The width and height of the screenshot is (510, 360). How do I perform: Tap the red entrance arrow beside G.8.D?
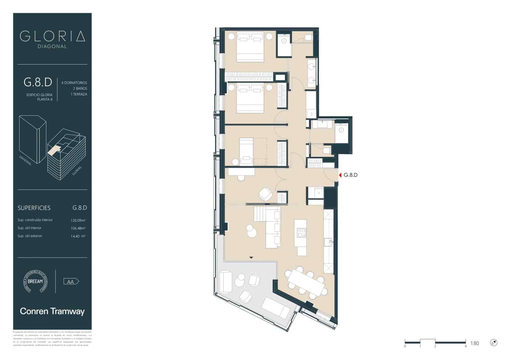tap(340, 175)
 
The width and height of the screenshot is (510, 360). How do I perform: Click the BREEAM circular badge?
tap(35, 281)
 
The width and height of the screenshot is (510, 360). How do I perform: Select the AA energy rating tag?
tap(71, 282)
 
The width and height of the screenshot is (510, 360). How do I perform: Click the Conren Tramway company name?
tap(52, 311)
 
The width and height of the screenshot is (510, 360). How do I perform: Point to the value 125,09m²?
tap(78, 220)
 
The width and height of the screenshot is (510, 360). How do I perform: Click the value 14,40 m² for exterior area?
tap(78, 236)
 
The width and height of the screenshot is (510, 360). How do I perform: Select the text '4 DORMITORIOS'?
tap(74, 83)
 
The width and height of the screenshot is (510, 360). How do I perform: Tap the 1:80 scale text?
tap(474, 343)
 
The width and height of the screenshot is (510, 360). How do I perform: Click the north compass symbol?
tap(493, 343)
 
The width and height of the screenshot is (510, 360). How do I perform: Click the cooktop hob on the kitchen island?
tap(301, 233)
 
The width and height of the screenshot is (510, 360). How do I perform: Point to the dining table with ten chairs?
tap(306, 283)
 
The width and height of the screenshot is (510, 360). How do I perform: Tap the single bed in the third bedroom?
tap(246, 151)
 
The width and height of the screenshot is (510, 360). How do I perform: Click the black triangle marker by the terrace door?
tap(251, 257)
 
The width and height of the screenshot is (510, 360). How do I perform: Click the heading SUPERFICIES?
tap(34, 208)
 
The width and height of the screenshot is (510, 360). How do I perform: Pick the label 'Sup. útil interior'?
tap(29, 228)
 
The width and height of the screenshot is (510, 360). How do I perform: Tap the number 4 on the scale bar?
tap(465, 346)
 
